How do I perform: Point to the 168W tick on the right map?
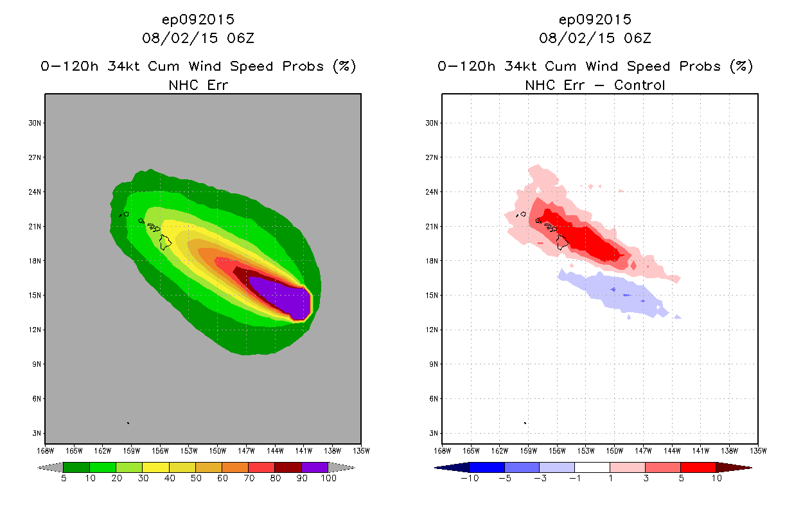coord(441,450)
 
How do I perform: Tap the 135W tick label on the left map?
coord(360,450)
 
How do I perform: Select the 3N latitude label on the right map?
coord(433,433)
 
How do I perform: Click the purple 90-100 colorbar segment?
coord(315,467)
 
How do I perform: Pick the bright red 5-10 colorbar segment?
coord(698,467)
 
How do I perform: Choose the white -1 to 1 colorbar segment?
coord(592,467)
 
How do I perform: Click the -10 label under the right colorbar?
coord(470,479)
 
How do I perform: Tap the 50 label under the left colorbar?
coord(195,479)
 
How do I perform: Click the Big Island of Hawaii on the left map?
coord(166,242)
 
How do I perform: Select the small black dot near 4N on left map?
coord(128,423)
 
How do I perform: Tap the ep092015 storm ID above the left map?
coord(198,19)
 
